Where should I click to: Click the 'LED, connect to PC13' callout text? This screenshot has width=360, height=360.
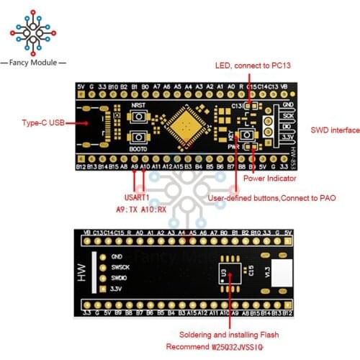pos(257,66)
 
